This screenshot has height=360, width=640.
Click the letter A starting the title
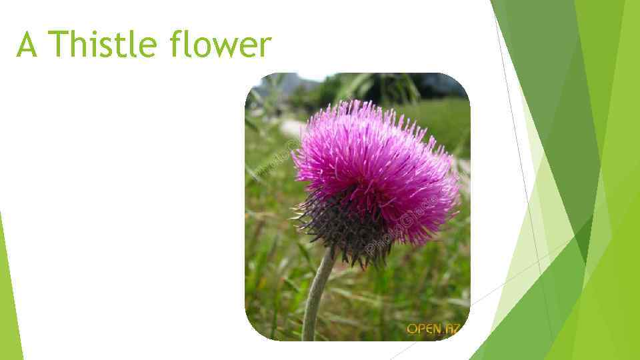[x=27, y=45]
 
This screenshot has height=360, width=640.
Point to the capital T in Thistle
[x=58, y=45]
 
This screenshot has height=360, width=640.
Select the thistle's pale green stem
[x=316, y=293]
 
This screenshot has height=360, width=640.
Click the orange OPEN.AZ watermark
[x=433, y=329]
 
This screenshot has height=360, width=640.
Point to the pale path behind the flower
[x=292, y=127]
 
